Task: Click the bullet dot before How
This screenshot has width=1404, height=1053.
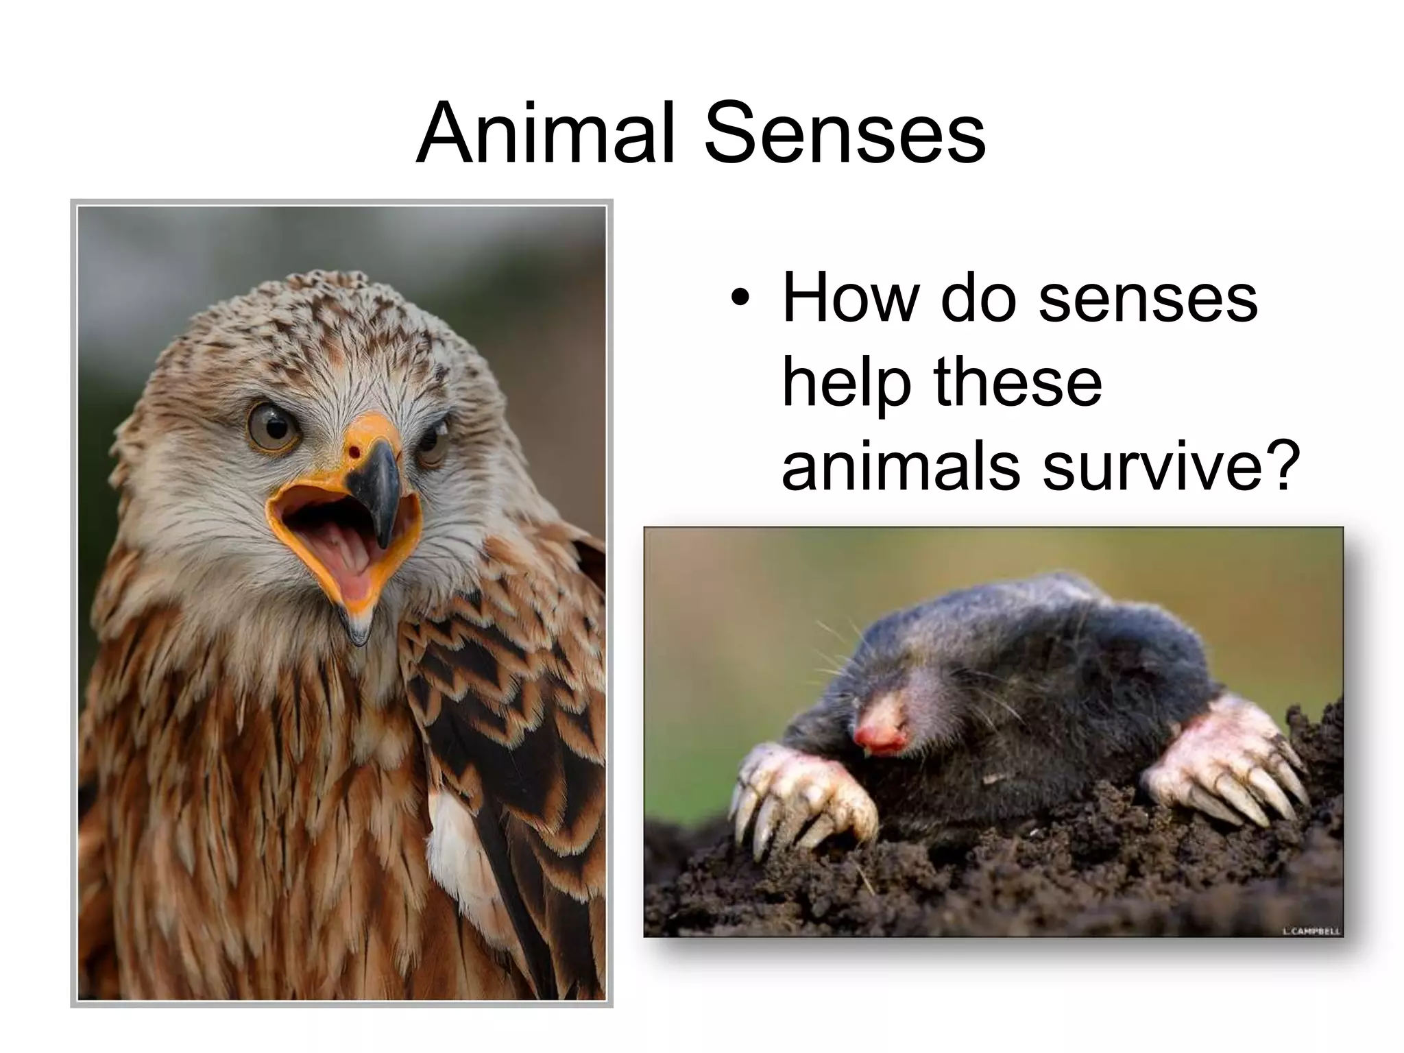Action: (x=740, y=300)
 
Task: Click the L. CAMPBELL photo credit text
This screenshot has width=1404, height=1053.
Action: (x=1311, y=930)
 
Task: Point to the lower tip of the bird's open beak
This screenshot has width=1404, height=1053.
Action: (x=356, y=634)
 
